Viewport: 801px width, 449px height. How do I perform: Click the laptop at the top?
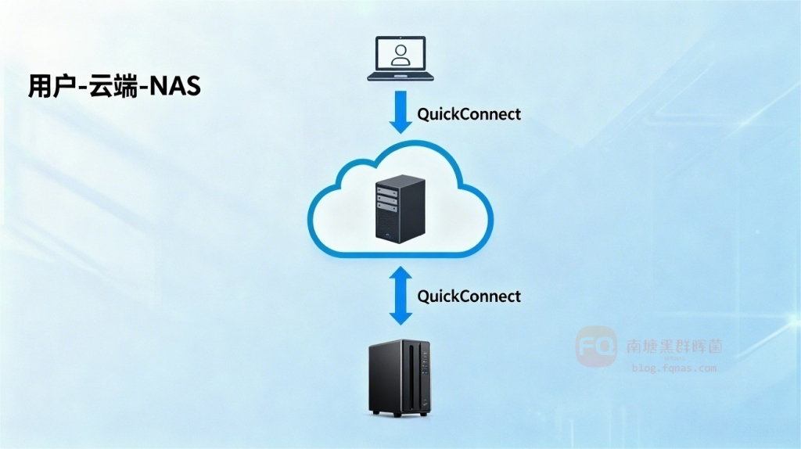400,58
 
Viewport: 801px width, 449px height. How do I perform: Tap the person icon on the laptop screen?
400,54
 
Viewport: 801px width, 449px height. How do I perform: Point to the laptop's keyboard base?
400,77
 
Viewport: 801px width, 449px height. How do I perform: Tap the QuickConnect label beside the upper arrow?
469,114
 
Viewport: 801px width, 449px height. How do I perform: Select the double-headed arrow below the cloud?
400,295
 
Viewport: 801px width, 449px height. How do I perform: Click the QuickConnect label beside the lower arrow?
469,296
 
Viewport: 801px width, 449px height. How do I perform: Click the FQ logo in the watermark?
596,347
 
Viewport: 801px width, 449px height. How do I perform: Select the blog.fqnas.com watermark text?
673,368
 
